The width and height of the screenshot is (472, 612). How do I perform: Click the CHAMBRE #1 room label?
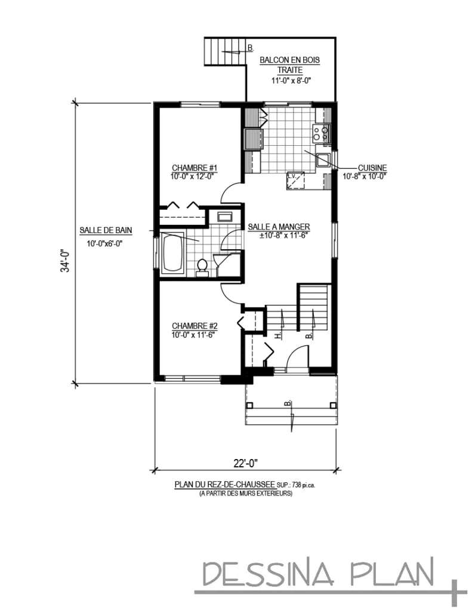193,167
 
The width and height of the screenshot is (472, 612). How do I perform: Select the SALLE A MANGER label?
279,227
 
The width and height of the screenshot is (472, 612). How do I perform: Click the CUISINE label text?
372,168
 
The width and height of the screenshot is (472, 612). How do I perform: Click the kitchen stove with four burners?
322,133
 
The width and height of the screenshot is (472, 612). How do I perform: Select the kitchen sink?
323,159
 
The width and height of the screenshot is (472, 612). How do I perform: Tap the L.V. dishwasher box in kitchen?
295,180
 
